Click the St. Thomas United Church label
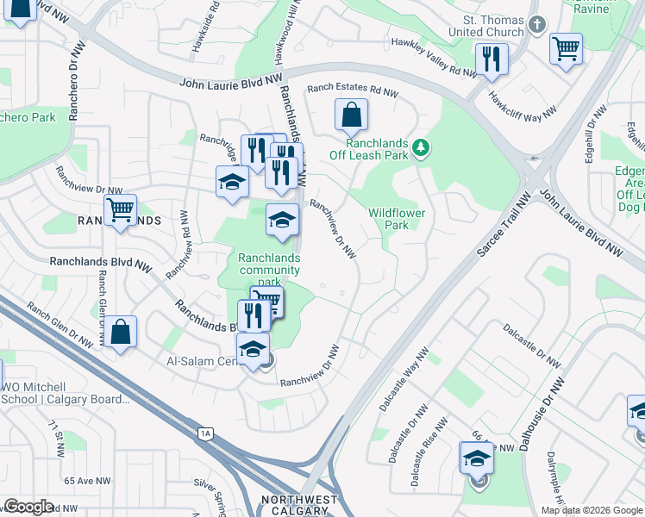[x=492, y=26]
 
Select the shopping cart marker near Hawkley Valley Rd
[x=566, y=48]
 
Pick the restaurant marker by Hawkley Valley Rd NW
[x=492, y=59]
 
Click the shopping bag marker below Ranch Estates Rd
[x=351, y=114]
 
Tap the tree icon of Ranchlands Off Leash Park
[x=420, y=148]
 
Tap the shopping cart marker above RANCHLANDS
[x=120, y=209]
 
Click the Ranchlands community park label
[x=269, y=269]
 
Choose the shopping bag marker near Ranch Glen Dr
[x=122, y=333]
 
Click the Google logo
[x=28, y=507]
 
